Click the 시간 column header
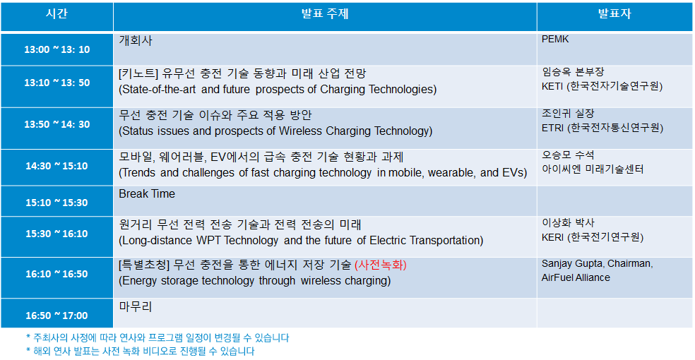57,13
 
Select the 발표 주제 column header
325,13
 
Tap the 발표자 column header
614,13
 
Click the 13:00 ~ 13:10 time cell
57,49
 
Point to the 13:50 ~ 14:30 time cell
57,124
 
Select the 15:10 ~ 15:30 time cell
57,203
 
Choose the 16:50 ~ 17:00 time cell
57,316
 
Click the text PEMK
555,40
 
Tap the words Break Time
147,194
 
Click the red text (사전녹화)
381,265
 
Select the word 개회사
136,40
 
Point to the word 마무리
136,306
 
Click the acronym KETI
552,86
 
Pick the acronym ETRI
553,128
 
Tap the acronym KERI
553,237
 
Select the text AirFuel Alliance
576,277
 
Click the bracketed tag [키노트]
138,73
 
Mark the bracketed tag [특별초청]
144,265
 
